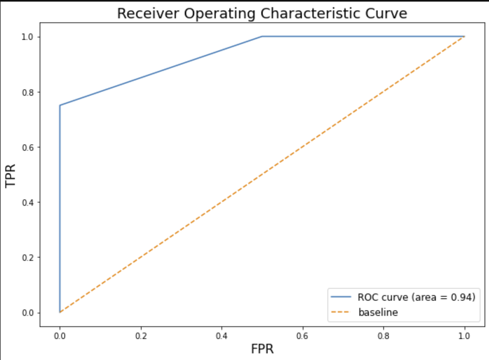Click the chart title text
click(x=262, y=13)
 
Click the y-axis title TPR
click(x=11, y=174)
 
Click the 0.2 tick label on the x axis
click(x=141, y=337)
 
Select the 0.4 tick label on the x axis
click(x=222, y=337)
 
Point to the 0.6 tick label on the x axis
click(x=303, y=337)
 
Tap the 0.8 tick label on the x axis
click(x=384, y=337)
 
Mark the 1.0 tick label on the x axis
click(x=465, y=337)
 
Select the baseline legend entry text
click(x=378, y=312)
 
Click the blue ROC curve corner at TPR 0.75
click(x=60, y=105)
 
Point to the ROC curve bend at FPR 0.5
click(x=262, y=37)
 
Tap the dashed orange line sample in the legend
click(x=342, y=312)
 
